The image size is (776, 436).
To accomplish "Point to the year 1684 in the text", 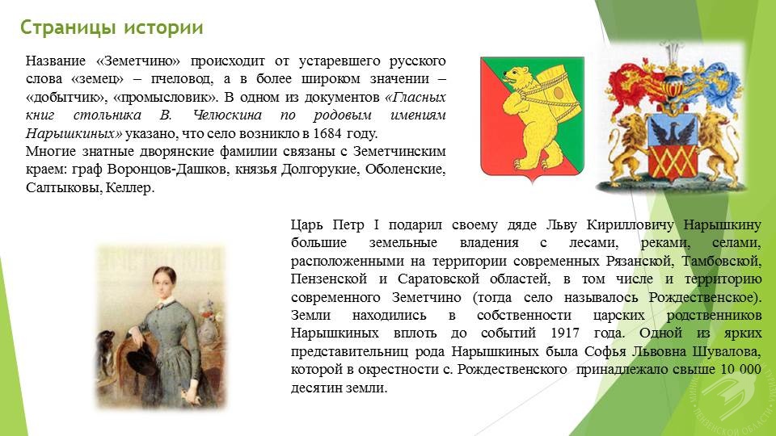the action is (327, 133).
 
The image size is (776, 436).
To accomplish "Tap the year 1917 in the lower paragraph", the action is (565, 333).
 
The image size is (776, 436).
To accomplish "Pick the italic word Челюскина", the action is (227, 115).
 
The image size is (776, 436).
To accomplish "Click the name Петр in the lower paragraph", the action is (348, 225).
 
